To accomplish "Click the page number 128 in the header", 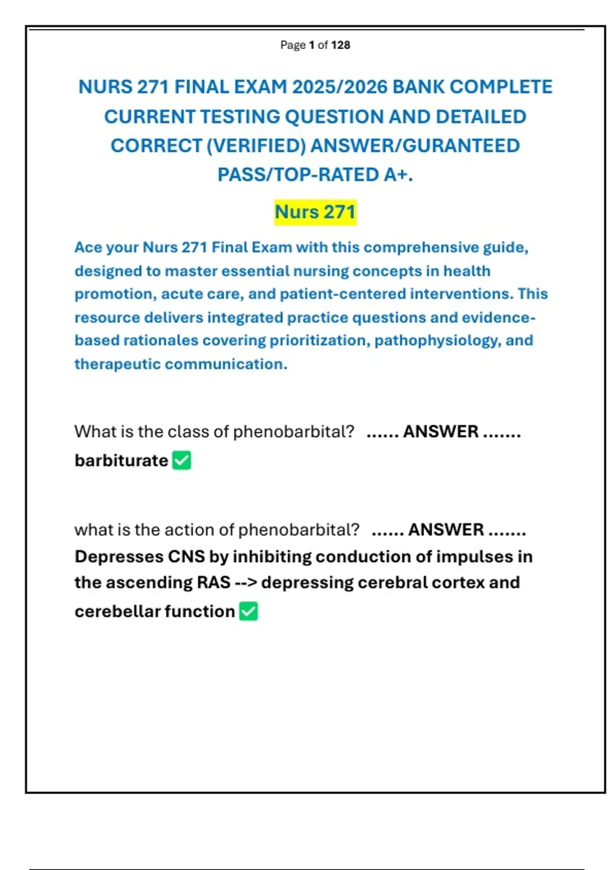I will tap(341, 45).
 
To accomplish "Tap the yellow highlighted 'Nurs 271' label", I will tap(315, 212).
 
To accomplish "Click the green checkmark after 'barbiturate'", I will tap(182, 460).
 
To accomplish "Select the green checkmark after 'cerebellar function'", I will tap(249, 611).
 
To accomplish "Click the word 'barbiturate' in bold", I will tap(121, 461).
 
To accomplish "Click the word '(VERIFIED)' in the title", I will tap(256, 146).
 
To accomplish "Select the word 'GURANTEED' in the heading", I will tap(462, 146).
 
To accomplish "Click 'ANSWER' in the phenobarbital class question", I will tap(441, 431).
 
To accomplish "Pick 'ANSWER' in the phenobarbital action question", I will tap(446, 530).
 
